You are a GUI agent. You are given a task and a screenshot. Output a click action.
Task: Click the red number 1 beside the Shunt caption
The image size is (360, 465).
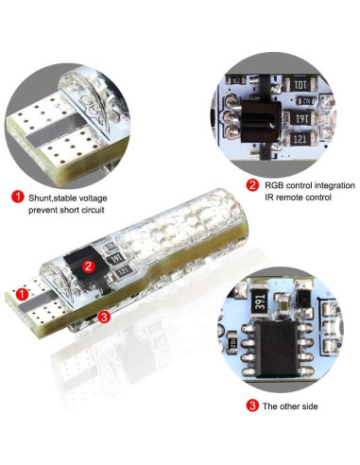tap(18, 198)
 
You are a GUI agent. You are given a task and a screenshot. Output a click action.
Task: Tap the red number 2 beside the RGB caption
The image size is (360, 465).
tap(252, 185)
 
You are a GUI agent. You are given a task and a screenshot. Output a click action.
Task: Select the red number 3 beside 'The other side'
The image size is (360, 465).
tap(252, 405)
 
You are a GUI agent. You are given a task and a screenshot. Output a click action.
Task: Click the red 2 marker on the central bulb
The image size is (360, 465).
tap(88, 267)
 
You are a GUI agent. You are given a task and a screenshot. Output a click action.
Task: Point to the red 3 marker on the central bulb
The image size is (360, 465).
tap(104, 317)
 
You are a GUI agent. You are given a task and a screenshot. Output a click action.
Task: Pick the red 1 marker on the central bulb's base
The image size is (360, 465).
tap(22, 294)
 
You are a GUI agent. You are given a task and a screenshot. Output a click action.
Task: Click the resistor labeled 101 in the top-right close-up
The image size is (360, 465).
tap(300, 84)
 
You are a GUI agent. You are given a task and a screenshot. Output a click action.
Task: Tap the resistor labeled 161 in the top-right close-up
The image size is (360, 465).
tap(300, 118)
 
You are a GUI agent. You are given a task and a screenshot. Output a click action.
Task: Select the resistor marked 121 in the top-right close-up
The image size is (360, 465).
tap(300, 139)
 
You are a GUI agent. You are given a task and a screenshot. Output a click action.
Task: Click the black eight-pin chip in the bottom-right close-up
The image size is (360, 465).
tap(277, 350)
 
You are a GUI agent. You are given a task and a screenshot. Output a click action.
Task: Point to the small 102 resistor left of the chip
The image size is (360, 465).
tap(232, 341)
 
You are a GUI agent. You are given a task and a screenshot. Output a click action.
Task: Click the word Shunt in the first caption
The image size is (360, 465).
tap(40, 198)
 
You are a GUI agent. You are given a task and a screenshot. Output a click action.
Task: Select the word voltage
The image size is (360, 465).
tap(93, 198)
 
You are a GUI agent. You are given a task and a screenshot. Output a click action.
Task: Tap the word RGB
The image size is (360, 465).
tap(274, 185)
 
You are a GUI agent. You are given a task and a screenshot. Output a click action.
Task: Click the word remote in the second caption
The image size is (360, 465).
tap(290, 198)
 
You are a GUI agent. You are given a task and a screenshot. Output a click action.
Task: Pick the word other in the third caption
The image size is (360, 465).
tap(290, 406)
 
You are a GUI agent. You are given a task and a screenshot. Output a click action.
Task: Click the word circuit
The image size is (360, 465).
tap(93, 210)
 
